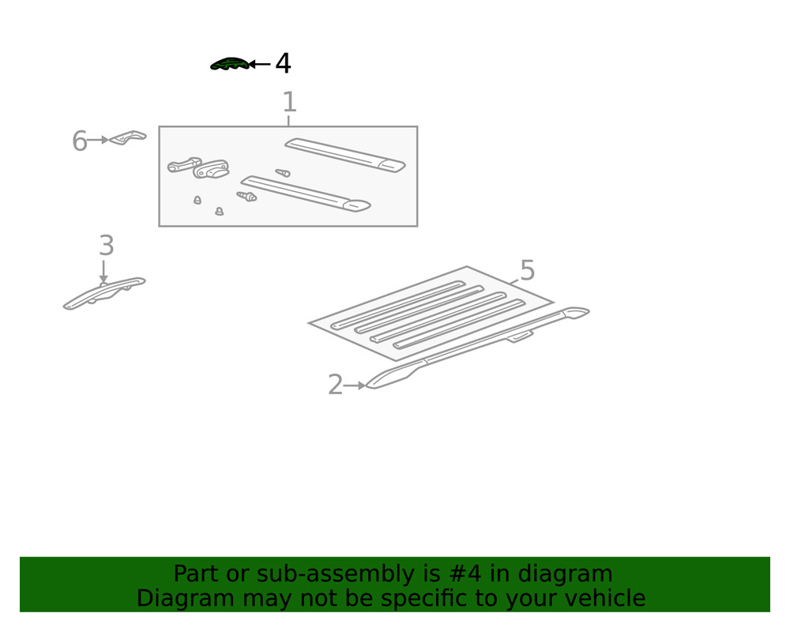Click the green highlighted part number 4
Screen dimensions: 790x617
pos(230,64)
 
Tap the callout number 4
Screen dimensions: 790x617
pos(283,64)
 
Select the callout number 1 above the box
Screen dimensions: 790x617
pos(289,102)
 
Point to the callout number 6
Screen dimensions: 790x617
pos(80,141)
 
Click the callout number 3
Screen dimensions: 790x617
pos(107,245)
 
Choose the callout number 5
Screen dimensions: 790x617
pos(527,270)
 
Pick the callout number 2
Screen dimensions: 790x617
pos(335,385)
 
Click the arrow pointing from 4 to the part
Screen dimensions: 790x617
pos(260,64)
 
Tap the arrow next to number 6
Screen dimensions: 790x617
pos(98,140)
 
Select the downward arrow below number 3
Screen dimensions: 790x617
pos(103,272)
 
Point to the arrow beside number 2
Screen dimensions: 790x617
pos(354,386)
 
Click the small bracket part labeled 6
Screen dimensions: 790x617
pos(127,137)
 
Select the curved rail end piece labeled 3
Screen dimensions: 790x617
pos(104,293)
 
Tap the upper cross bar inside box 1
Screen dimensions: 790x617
pos(345,155)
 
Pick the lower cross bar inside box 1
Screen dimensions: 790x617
pos(306,194)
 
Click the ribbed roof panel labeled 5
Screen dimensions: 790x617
pos(431,313)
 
